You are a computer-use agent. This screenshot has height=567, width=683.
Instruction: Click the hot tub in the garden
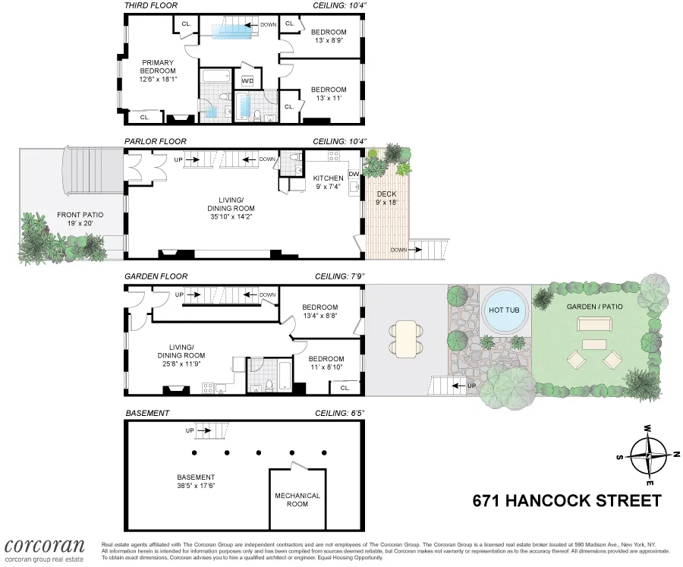[x=505, y=311]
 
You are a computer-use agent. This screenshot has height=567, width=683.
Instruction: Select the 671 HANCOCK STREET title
[x=567, y=501]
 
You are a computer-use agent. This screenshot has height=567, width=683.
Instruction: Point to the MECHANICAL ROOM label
[x=297, y=499]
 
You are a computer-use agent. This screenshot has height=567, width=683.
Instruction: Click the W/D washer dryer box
[x=247, y=80]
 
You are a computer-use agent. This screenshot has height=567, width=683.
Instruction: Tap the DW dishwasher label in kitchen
[x=353, y=174]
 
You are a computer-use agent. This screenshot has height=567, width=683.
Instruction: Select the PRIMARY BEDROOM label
[x=157, y=71]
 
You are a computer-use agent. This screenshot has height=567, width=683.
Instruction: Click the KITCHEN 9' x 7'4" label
[x=329, y=182]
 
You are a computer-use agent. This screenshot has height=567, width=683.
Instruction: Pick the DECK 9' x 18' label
[x=386, y=198]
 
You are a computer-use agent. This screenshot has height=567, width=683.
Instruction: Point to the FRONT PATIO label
[x=80, y=219]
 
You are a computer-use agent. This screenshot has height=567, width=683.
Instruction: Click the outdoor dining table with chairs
[x=408, y=339]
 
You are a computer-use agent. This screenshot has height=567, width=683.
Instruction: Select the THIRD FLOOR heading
[x=152, y=5]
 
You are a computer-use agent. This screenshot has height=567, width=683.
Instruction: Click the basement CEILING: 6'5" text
[x=341, y=414]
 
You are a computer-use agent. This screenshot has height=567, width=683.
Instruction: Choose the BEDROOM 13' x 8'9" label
[x=329, y=36]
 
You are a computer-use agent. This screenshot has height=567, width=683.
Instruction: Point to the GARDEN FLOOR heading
[x=156, y=277]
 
